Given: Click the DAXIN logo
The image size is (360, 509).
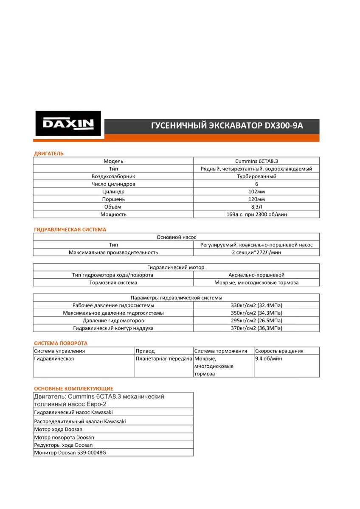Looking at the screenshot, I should pyautogui.click(x=68, y=124).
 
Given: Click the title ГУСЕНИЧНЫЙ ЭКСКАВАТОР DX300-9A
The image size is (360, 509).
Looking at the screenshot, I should pyautogui.click(x=227, y=126).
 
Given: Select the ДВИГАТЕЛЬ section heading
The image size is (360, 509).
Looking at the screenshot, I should pyautogui.click(x=48, y=153).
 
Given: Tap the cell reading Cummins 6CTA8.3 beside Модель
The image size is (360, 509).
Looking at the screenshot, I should pyautogui.click(x=256, y=161).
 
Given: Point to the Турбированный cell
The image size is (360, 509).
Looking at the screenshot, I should pyautogui.click(x=256, y=176).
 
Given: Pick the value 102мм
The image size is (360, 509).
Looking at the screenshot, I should pyautogui.click(x=256, y=192).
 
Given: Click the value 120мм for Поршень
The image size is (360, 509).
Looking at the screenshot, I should pyautogui.click(x=256, y=199).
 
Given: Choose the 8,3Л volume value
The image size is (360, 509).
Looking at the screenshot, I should pyautogui.click(x=256, y=207).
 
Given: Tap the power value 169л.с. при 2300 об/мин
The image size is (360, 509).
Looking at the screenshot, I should pyautogui.click(x=256, y=214).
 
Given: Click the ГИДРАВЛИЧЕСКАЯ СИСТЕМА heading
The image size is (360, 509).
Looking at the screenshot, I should pyautogui.click(x=70, y=229).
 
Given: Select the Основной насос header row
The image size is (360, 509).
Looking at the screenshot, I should pyautogui.click(x=176, y=237).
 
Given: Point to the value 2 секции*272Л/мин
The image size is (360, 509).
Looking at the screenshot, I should pyautogui.click(x=256, y=252).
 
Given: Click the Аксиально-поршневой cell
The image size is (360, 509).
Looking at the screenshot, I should pyautogui.click(x=256, y=275).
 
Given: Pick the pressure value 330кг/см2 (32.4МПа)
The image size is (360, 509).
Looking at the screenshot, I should pyautogui.click(x=256, y=305).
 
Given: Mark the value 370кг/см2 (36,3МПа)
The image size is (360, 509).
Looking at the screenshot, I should pyautogui.click(x=256, y=328).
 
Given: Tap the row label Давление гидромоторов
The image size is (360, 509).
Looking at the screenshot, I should pyautogui.click(x=113, y=320).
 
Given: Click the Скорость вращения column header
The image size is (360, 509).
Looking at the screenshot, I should pyautogui.click(x=279, y=351).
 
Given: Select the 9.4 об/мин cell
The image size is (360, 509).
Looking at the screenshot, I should pyautogui.click(x=268, y=358).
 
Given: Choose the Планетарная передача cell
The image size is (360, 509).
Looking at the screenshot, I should pyautogui.click(x=164, y=358).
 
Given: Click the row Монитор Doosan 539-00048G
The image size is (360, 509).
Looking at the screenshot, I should pyautogui.click(x=70, y=452).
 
